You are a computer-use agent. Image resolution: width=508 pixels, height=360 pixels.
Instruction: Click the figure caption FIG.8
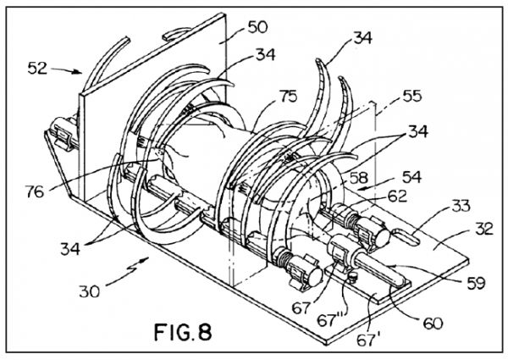[x=183, y=332]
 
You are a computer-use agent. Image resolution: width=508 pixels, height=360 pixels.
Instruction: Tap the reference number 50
[x=257, y=27]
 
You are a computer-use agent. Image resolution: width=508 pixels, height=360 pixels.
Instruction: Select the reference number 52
[x=37, y=69]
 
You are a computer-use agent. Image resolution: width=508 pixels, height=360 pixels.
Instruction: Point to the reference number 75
[x=287, y=97]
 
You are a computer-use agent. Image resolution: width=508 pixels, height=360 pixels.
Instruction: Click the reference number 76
[x=35, y=191]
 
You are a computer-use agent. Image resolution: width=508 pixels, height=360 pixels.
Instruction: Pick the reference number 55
[x=411, y=96]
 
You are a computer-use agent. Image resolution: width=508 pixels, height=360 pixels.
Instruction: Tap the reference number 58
[x=359, y=178]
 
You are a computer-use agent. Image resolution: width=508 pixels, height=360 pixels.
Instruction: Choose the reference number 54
[x=411, y=177]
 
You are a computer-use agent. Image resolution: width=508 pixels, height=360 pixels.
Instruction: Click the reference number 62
[x=397, y=196]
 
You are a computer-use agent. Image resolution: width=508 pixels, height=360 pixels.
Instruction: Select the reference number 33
[x=460, y=206]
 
